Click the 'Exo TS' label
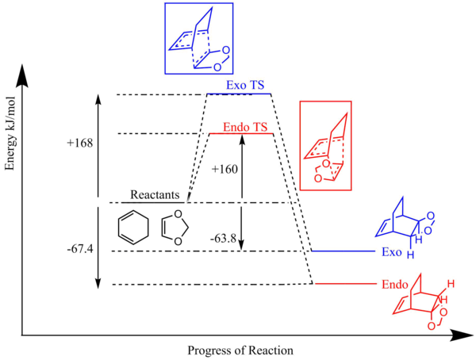tap(239, 84)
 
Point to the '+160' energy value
tap(226, 168)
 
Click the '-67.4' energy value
tap(81, 249)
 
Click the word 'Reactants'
tap(157, 195)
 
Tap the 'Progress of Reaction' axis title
tap(240, 350)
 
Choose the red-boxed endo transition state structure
tap(326, 147)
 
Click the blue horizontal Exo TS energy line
tap(239, 94)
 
